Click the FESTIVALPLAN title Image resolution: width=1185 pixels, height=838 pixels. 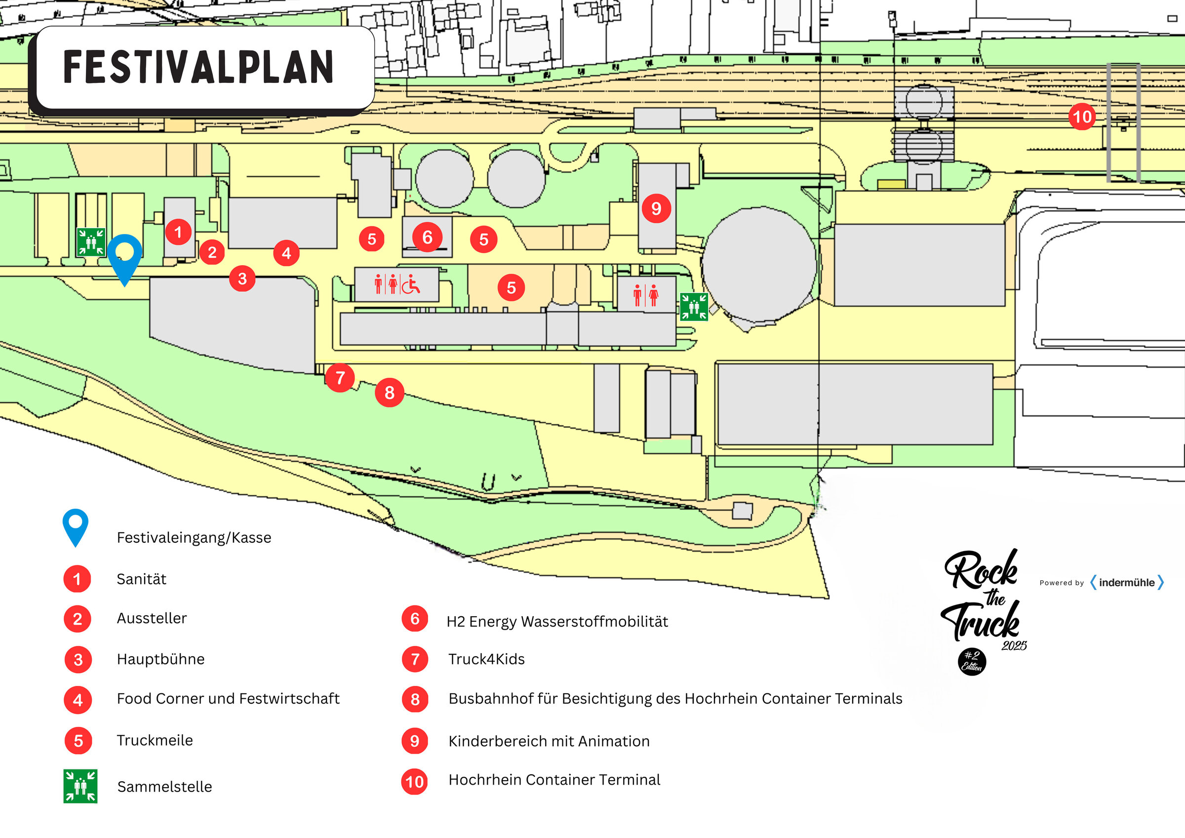(198, 67)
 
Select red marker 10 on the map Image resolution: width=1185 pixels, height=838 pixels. (1082, 117)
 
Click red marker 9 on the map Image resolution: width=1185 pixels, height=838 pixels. (656, 208)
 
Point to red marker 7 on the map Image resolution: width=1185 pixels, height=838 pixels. (340, 378)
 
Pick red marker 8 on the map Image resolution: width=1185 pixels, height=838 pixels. (390, 393)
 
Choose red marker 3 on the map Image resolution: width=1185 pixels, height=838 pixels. (242, 279)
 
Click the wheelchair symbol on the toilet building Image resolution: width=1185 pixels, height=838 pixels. (411, 284)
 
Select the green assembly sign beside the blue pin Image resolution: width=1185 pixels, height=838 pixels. (91, 242)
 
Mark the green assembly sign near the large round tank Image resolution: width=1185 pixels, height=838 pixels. (694, 307)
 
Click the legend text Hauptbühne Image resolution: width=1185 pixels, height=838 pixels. (160, 659)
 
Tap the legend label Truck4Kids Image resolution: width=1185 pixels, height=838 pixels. (486, 659)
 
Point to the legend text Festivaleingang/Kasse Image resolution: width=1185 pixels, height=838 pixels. (194, 537)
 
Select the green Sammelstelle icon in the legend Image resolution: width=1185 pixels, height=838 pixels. (80, 786)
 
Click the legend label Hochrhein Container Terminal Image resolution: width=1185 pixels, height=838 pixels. (554, 780)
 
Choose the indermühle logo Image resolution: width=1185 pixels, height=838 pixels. (1127, 582)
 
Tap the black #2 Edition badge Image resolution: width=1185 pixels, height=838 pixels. (972, 662)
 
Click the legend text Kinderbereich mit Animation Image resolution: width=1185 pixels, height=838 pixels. (549, 741)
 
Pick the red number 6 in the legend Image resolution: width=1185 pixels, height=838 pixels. (415, 619)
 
